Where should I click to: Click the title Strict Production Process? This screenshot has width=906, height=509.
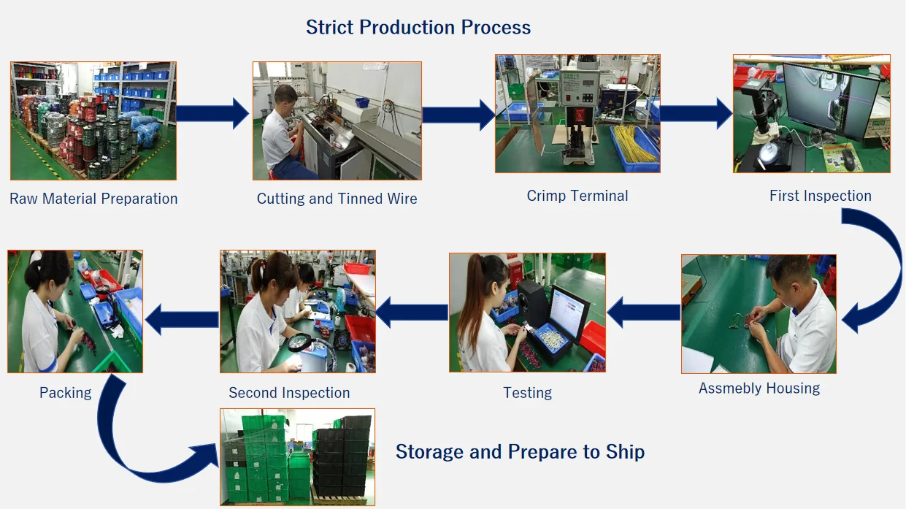pos(418,28)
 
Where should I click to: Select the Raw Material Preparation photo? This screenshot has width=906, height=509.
pos(93,120)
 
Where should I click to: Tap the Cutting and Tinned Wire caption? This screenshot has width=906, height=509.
pos(337,199)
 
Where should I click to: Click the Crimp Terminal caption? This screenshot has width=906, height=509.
pos(577,196)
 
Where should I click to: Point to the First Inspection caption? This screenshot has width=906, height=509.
pos(820,196)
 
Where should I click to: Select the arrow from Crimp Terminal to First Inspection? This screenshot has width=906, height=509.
pos(696,113)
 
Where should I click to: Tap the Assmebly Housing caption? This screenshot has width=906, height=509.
pos(759,389)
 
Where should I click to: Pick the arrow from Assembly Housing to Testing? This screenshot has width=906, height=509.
pos(643,313)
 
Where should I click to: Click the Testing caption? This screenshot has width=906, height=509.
pos(527,393)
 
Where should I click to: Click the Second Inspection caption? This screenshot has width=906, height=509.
pos(289,393)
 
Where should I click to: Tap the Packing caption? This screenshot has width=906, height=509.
pos(66,393)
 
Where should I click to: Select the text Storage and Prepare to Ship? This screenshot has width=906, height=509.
pos(520,452)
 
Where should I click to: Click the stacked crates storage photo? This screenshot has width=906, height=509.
pos(298,457)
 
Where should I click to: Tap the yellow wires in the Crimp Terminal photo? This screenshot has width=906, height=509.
pos(634,142)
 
